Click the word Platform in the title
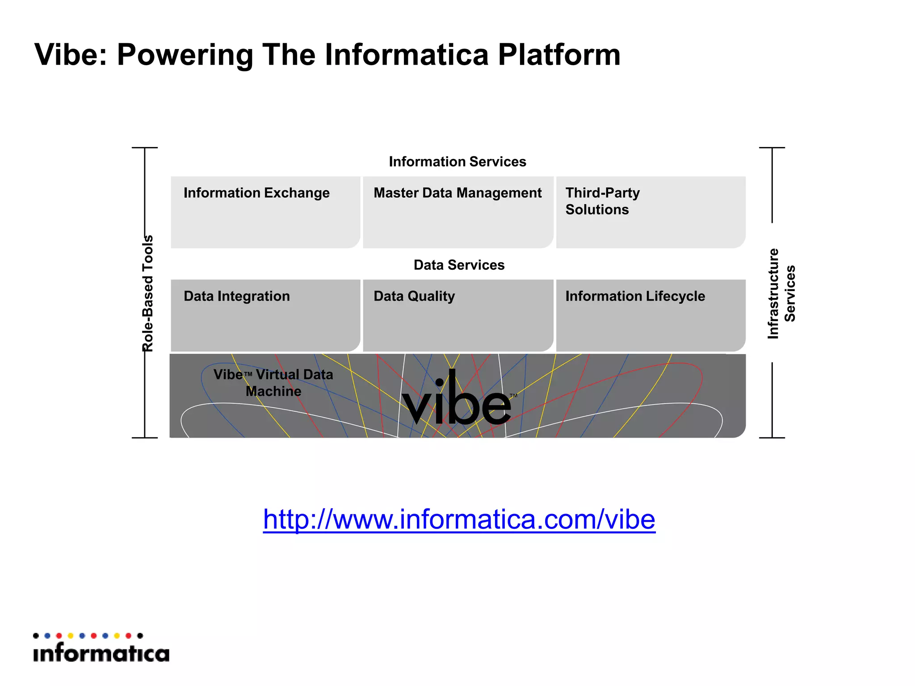tap(559, 55)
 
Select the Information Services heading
tap(457, 162)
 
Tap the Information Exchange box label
tap(256, 193)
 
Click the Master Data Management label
tap(457, 193)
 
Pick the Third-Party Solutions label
tap(602, 201)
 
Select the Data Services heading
tap(459, 265)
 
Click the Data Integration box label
tap(237, 296)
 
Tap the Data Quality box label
tap(414, 296)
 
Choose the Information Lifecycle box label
tap(635, 296)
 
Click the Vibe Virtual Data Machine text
tap(273, 383)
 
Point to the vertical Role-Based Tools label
tap(148, 293)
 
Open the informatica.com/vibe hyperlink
tap(459, 519)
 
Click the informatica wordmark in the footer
tap(101, 653)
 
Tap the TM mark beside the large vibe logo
tap(513, 396)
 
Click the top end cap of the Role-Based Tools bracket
tap(145, 148)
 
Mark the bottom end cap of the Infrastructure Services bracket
tap(772, 438)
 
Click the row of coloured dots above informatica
tap(88, 636)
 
